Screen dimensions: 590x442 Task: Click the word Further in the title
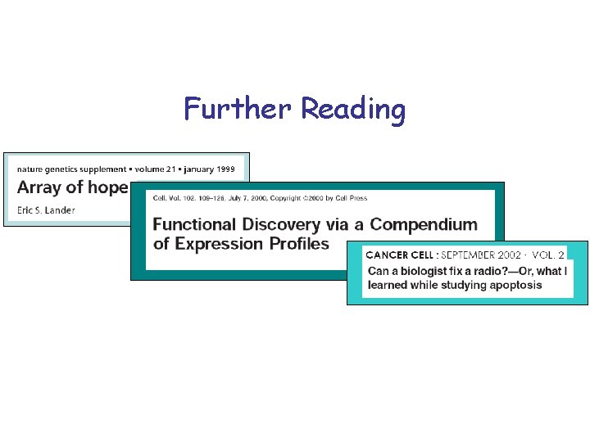click(x=238, y=108)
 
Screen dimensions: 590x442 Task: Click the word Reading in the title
click(x=353, y=110)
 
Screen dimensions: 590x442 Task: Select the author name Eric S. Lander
click(x=46, y=210)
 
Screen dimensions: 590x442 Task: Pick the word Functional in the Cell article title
click(x=194, y=223)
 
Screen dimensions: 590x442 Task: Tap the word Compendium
click(x=424, y=223)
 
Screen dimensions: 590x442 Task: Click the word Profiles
click(x=298, y=243)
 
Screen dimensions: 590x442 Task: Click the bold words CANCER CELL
click(x=400, y=255)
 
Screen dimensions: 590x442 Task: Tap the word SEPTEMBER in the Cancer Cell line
click(x=468, y=255)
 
